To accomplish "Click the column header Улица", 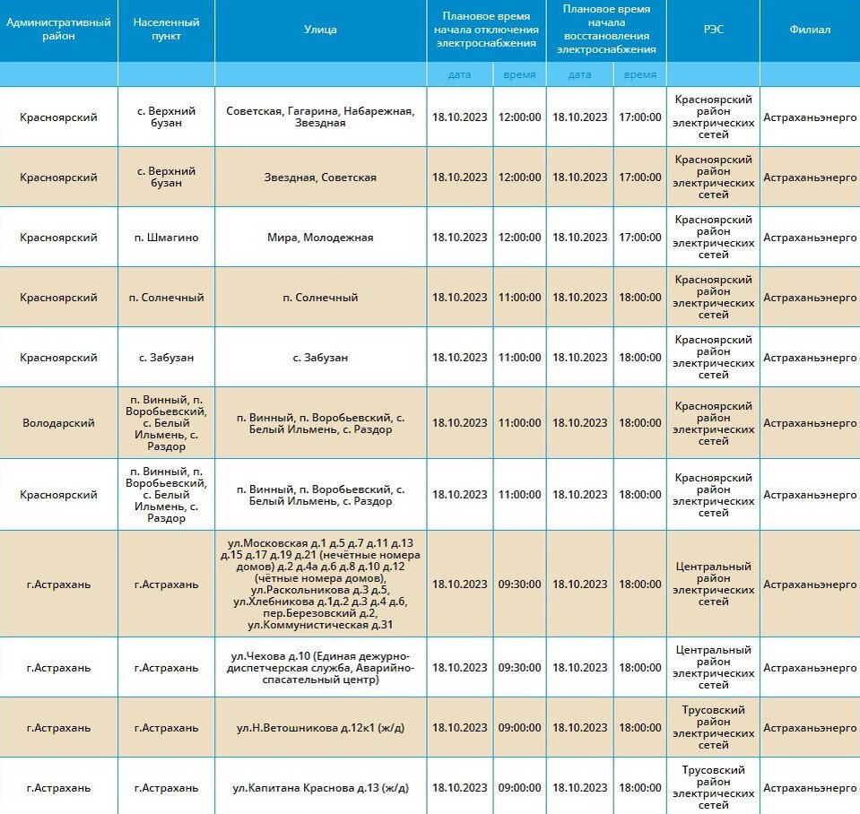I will click(320, 30).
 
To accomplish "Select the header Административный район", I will click(58, 30).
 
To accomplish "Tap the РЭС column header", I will click(713, 30).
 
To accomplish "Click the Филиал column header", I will click(809, 30).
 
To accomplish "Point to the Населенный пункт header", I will click(166, 30).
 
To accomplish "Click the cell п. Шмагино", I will click(166, 238).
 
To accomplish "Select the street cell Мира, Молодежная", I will click(320, 238).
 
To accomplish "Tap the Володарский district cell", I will click(58, 423).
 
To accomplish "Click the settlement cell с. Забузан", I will click(166, 358).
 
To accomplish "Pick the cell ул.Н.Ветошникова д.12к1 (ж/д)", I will click(320, 728).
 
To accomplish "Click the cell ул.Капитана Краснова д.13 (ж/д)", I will click(320, 788).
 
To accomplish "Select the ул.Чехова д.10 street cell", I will click(320, 668).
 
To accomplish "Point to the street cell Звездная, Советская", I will click(320, 178).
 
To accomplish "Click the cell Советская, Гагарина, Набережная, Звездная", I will click(320, 117).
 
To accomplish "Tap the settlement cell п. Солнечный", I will click(166, 298).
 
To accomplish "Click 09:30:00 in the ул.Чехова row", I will click(519, 668).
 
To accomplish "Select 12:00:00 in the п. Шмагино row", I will click(519, 238).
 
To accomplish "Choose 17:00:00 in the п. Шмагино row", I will click(639, 238).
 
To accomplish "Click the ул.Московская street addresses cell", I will click(320, 584).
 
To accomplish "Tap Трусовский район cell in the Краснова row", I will click(713, 788).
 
